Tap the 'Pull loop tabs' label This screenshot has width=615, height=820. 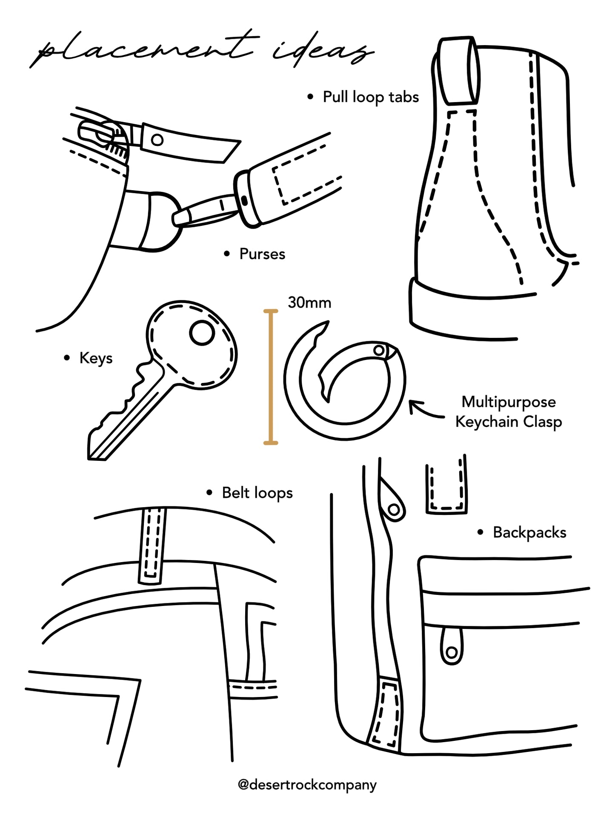(x=370, y=97)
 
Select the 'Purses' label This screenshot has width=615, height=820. (x=262, y=254)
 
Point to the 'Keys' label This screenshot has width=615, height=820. (x=95, y=358)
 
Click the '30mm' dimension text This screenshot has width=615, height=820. (x=309, y=303)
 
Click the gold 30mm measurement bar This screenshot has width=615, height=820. (x=270, y=377)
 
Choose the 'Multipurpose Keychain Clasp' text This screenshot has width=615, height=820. (x=509, y=411)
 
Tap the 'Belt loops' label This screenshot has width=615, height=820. (x=257, y=493)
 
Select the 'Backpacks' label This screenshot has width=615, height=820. (x=529, y=532)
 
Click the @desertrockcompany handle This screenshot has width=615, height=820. (x=307, y=784)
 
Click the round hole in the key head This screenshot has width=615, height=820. (x=201, y=333)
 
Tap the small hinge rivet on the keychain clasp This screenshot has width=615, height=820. (x=378, y=350)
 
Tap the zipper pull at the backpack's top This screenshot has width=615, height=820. (x=392, y=502)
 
